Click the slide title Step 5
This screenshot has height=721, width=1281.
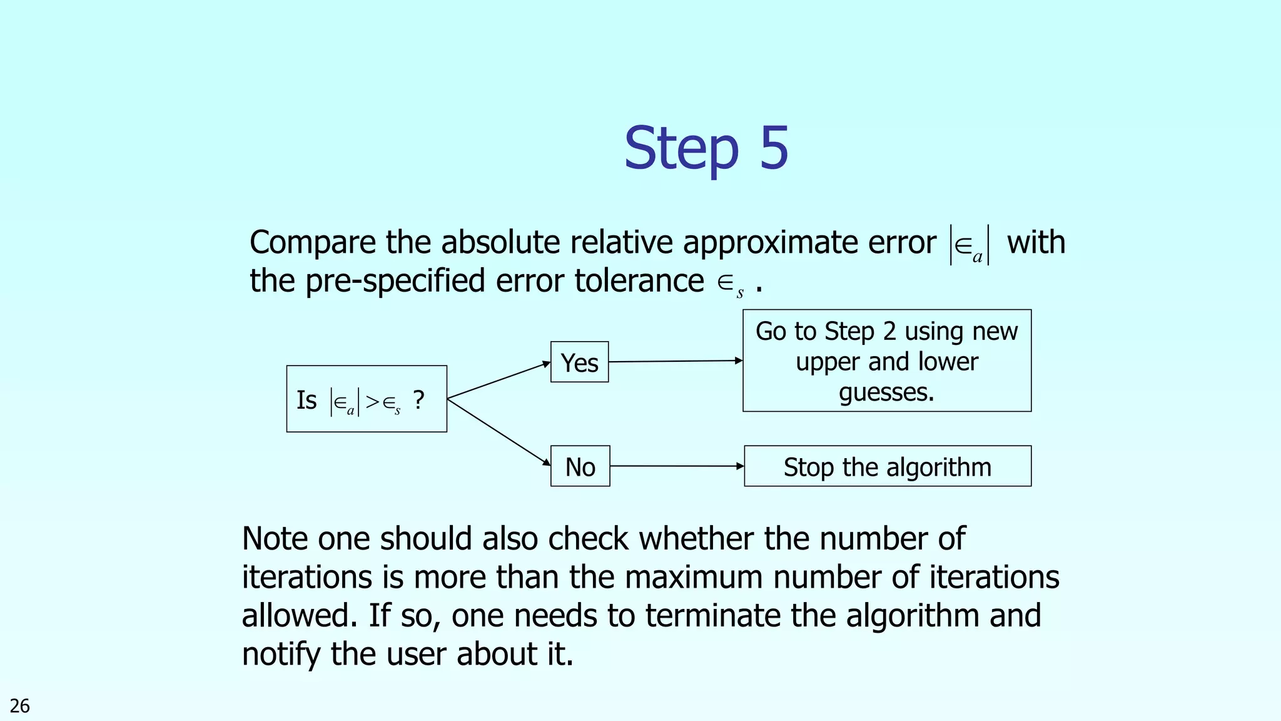click(x=706, y=148)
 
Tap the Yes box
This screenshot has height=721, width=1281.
click(x=579, y=362)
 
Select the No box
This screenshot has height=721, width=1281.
click(x=580, y=466)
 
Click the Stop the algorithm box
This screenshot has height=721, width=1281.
click(x=887, y=466)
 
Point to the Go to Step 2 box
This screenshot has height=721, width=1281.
click(x=886, y=360)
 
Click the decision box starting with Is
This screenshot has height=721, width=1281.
click(x=367, y=399)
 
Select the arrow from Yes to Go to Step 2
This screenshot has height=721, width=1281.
click(x=676, y=361)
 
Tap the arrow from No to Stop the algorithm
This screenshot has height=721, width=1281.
click(x=677, y=466)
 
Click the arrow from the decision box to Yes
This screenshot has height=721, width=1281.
click(x=499, y=381)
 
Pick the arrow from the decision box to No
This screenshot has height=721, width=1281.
click(x=499, y=432)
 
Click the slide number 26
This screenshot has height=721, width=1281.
click(x=20, y=706)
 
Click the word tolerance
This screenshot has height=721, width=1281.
click(x=639, y=280)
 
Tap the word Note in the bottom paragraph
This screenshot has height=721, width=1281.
click(x=275, y=539)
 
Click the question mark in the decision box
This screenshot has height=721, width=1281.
click(x=419, y=399)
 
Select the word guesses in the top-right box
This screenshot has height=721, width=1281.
click(x=886, y=392)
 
